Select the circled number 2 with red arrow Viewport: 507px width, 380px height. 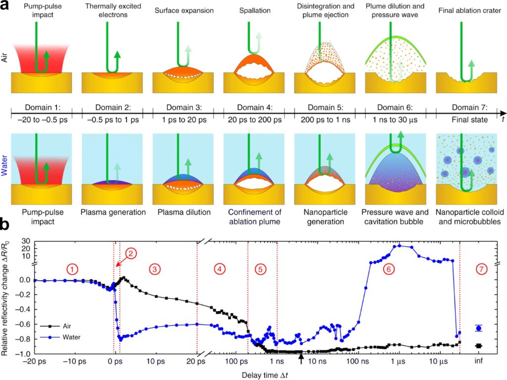(130, 253)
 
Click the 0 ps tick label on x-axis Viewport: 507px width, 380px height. (115, 361)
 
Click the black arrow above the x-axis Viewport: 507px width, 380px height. (301, 357)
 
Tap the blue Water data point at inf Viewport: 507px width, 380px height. (478, 328)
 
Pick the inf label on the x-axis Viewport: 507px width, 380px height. (479, 361)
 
